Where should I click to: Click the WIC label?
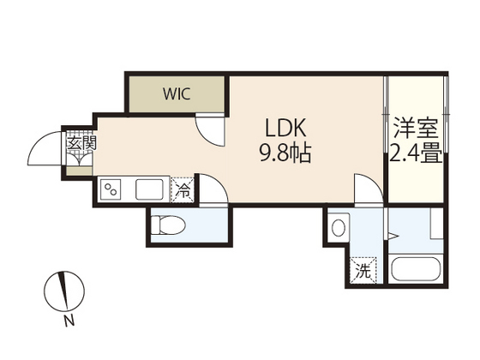pyautogui.click(x=178, y=93)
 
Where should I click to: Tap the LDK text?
pyautogui.click(x=285, y=129)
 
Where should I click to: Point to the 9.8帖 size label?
pyautogui.click(x=285, y=155)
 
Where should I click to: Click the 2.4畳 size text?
pyautogui.click(x=416, y=156)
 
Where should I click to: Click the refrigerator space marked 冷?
pyautogui.click(x=183, y=189)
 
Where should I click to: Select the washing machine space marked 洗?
pyautogui.click(x=363, y=273)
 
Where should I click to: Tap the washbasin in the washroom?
pyautogui.click(x=339, y=228)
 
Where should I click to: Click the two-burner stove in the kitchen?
pyautogui.click(x=111, y=189)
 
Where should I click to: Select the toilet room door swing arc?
pyautogui.click(x=214, y=193)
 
